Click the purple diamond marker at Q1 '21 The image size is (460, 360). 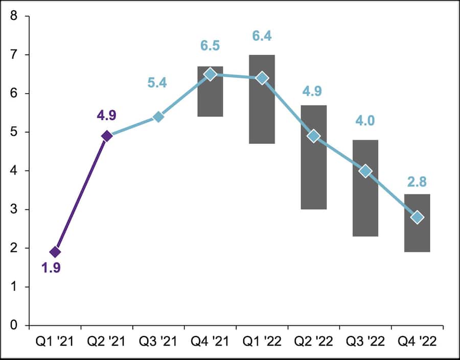pos(55,252)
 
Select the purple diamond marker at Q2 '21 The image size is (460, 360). pos(107,136)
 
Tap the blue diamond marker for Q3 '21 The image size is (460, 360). pos(158,117)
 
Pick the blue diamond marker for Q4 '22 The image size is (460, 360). pos(417,218)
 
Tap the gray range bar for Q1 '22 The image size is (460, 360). pos(262,117)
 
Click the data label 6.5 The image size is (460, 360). pos(210,45)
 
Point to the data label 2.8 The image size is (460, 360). pos(417,182)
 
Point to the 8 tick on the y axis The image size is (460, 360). pos(14,16)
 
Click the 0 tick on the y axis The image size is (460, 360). pos(14,325)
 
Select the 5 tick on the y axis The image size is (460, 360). pos(14,132)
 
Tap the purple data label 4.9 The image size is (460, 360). pos(107,114)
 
